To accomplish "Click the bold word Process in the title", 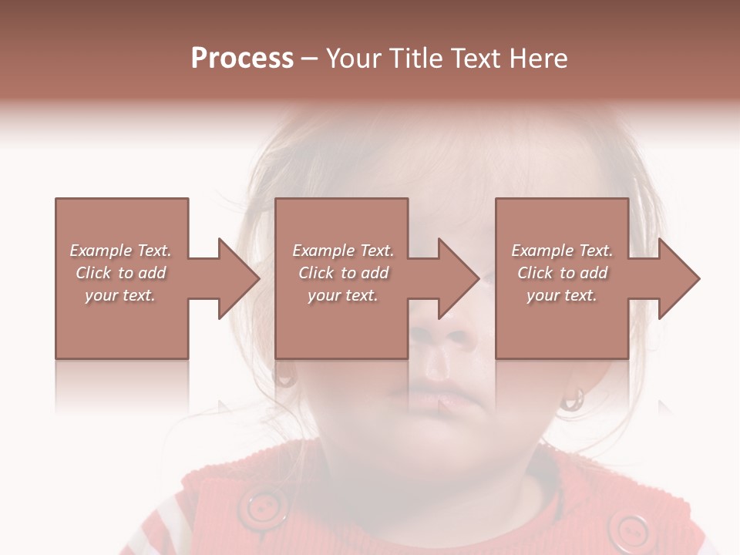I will click(x=242, y=59).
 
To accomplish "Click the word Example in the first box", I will click(x=100, y=251).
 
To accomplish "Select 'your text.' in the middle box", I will click(x=342, y=295).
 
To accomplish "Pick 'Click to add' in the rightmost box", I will click(x=562, y=273).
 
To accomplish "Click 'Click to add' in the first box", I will click(x=121, y=273).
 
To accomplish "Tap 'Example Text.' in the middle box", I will click(x=342, y=251).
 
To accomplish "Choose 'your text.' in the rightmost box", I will click(x=562, y=295).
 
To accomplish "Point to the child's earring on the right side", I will click(x=571, y=399).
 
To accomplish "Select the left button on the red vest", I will click(x=263, y=507).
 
